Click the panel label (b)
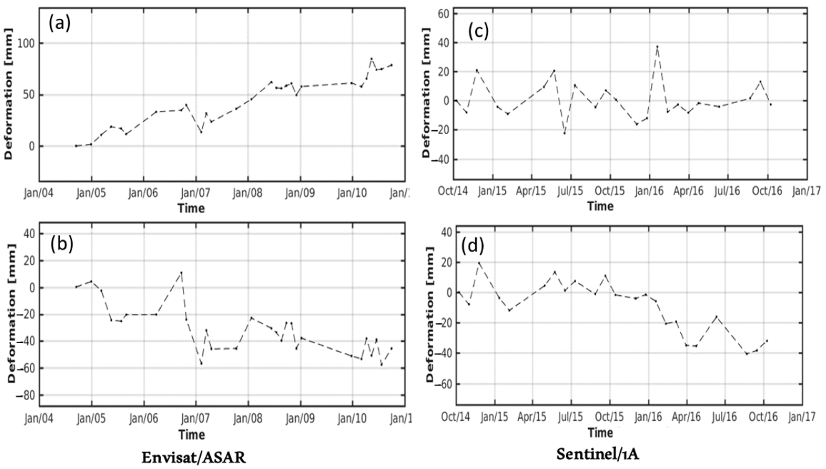click(x=62, y=244)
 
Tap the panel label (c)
click(x=478, y=31)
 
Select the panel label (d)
click(x=473, y=246)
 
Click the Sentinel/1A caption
click(x=598, y=455)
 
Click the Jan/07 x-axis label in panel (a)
click(x=195, y=193)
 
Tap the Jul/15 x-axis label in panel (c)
click(x=570, y=191)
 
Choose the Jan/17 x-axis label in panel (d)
click(x=804, y=417)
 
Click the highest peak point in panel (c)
click(x=657, y=46)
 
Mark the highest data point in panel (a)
click(x=371, y=59)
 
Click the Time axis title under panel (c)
click(x=600, y=206)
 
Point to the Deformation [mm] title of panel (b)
click(x=12, y=314)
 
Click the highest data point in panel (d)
click(x=479, y=263)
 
